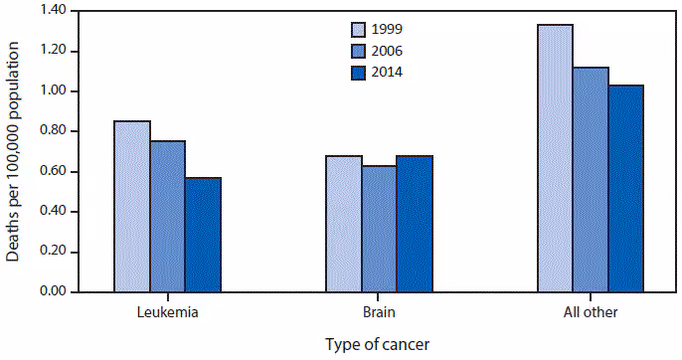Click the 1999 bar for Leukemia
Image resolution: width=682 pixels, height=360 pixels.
132,207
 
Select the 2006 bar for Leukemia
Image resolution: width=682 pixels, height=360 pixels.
168,217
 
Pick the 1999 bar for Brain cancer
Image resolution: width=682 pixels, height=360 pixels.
344,224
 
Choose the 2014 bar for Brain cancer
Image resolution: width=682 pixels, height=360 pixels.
415,224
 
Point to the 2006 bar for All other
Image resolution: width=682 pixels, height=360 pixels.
591,180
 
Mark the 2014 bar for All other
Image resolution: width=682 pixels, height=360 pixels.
626,189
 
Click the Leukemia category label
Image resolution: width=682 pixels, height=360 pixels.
167,312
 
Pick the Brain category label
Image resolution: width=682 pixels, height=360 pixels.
379,312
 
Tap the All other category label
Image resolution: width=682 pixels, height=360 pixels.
590,312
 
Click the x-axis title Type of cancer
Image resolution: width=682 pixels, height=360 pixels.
379,344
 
